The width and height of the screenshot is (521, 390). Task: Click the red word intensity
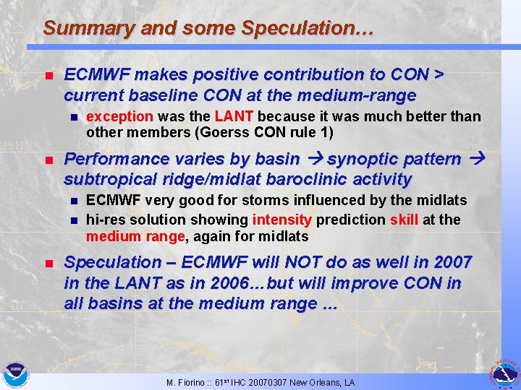(281, 219)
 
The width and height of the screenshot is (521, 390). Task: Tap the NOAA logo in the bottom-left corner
(14, 375)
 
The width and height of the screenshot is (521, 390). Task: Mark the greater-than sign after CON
(439, 75)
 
